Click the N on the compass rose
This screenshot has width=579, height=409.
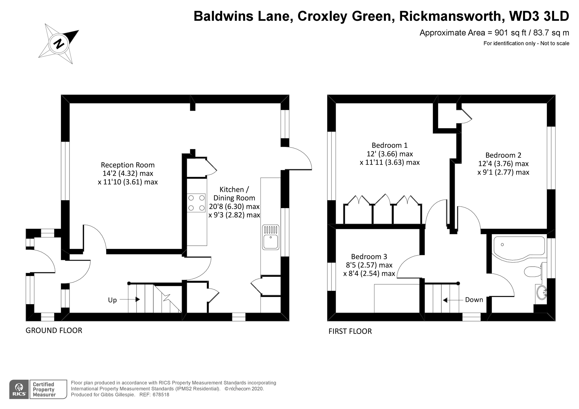tap(59, 44)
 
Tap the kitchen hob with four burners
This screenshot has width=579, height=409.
tap(196, 203)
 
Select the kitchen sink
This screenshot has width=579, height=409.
tap(270, 237)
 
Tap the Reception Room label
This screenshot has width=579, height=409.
tap(128, 165)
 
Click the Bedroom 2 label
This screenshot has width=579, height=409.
tap(503, 155)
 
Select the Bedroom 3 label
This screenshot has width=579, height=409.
tap(369, 257)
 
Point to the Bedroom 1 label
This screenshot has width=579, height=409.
tap(389, 145)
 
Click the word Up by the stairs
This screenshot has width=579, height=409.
tap(112, 300)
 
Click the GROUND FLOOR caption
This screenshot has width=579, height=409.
tap(54, 331)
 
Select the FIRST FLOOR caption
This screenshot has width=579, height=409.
tap(350, 331)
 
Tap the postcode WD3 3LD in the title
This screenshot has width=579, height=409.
tap(539, 16)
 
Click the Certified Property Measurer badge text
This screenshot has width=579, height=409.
tap(44, 389)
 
